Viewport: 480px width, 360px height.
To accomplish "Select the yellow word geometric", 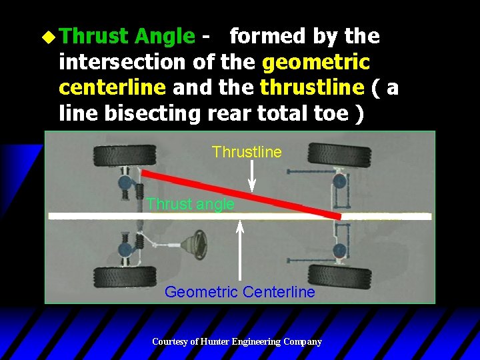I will click(x=316, y=62).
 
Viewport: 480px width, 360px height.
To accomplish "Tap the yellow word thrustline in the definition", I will click(x=312, y=88).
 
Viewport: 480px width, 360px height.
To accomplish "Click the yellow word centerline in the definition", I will click(x=112, y=88).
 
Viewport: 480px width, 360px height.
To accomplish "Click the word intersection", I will click(x=123, y=62).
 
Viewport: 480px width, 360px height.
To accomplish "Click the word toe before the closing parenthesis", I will click(x=333, y=113).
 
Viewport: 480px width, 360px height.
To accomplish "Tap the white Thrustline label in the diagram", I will click(x=247, y=152).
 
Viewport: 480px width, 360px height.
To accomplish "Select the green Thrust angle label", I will click(x=190, y=204).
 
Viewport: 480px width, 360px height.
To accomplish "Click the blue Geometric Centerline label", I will click(x=239, y=292).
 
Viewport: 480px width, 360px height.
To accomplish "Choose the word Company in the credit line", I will click(x=303, y=342).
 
